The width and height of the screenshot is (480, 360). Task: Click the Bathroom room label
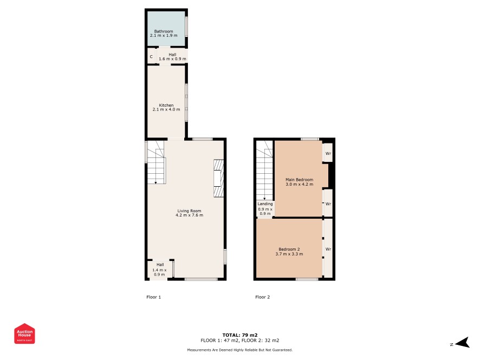click(x=164, y=31)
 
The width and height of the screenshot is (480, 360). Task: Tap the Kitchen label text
click(x=166, y=105)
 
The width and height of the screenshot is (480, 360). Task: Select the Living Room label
click(x=189, y=211)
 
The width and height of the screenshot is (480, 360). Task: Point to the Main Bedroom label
click(x=300, y=180)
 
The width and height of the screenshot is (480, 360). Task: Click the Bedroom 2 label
click(x=289, y=249)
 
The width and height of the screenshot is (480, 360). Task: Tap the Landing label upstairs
click(x=265, y=204)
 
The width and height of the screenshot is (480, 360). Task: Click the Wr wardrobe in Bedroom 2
click(x=328, y=249)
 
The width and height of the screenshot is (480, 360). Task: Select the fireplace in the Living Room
click(x=218, y=178)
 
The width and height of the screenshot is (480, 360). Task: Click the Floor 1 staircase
click(x=156, y=162)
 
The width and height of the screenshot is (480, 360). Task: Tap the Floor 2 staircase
click(x=264, y=170)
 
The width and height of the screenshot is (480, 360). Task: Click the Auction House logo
click(x=24, y=333)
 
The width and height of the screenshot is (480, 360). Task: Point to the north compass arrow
click(x=462, y=343)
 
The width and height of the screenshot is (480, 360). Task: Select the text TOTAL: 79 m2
click(x=240, y=335)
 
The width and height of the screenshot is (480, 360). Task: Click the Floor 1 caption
click(x=154, y=297)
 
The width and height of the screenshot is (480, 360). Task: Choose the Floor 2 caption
click(x=263, y=297)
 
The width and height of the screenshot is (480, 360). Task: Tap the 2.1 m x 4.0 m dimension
click(x=166, y=109)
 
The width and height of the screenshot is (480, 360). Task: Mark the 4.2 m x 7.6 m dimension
click(x=189, y=215)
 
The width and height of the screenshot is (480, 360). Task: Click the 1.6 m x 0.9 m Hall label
click(x=172, y=58)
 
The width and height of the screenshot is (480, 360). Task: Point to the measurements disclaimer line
click(x=240, y=350)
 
